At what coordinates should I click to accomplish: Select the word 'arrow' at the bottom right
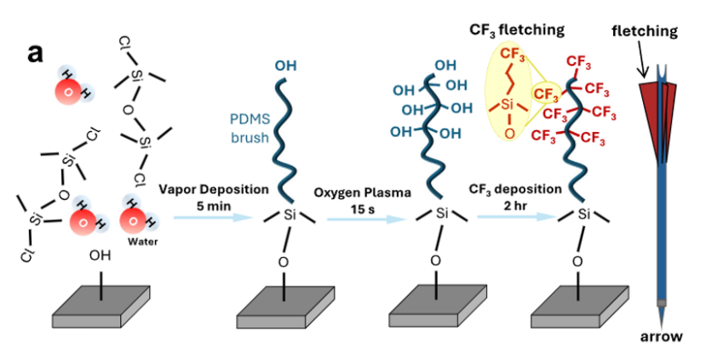tap(661, 337)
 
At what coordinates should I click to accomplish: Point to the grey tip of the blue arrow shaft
tap(661, 303)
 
